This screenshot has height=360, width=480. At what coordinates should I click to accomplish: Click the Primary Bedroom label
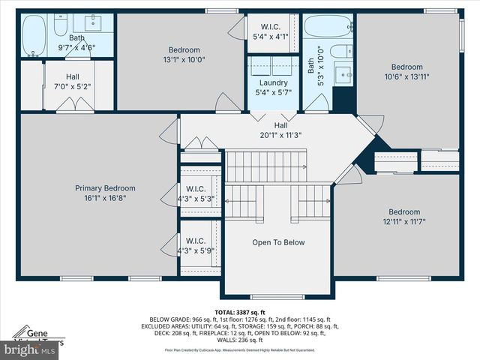click(105, 188)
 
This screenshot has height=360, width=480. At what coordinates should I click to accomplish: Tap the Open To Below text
click(278, 242)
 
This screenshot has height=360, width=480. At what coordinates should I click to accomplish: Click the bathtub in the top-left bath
click(34, 35)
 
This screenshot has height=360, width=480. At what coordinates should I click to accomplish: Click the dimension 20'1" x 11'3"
click(281, 136)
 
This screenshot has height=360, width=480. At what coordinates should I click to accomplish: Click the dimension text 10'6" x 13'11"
click(406, 76)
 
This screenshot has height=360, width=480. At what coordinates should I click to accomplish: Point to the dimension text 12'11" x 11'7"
click(404, 222)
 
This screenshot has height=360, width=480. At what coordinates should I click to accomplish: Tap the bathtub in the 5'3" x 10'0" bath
click(328, 27)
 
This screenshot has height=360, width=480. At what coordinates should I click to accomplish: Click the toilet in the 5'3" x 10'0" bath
click(340, 52)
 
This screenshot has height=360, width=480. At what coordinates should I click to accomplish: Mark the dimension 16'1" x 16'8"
click(105, 199)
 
